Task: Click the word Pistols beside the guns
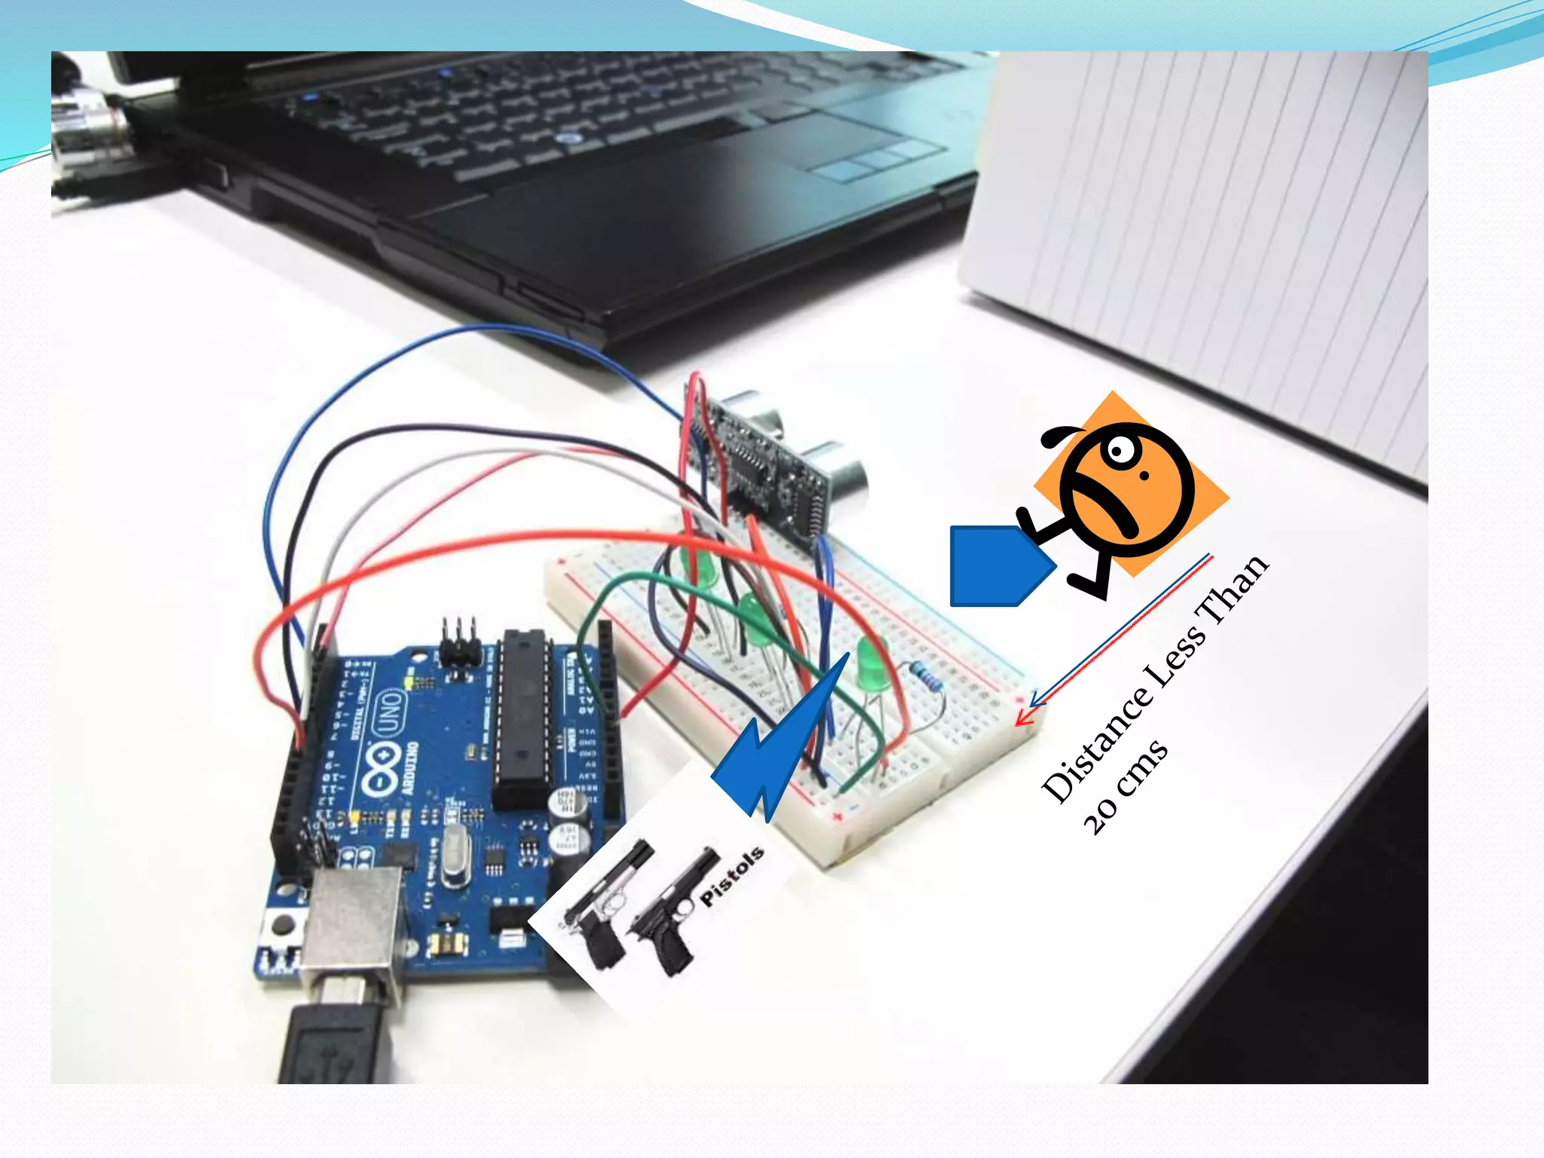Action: coord(731,877)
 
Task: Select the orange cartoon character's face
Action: coord(1127,490)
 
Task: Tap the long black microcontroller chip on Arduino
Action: coord(520,716)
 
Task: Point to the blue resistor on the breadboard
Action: coord(926,675)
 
